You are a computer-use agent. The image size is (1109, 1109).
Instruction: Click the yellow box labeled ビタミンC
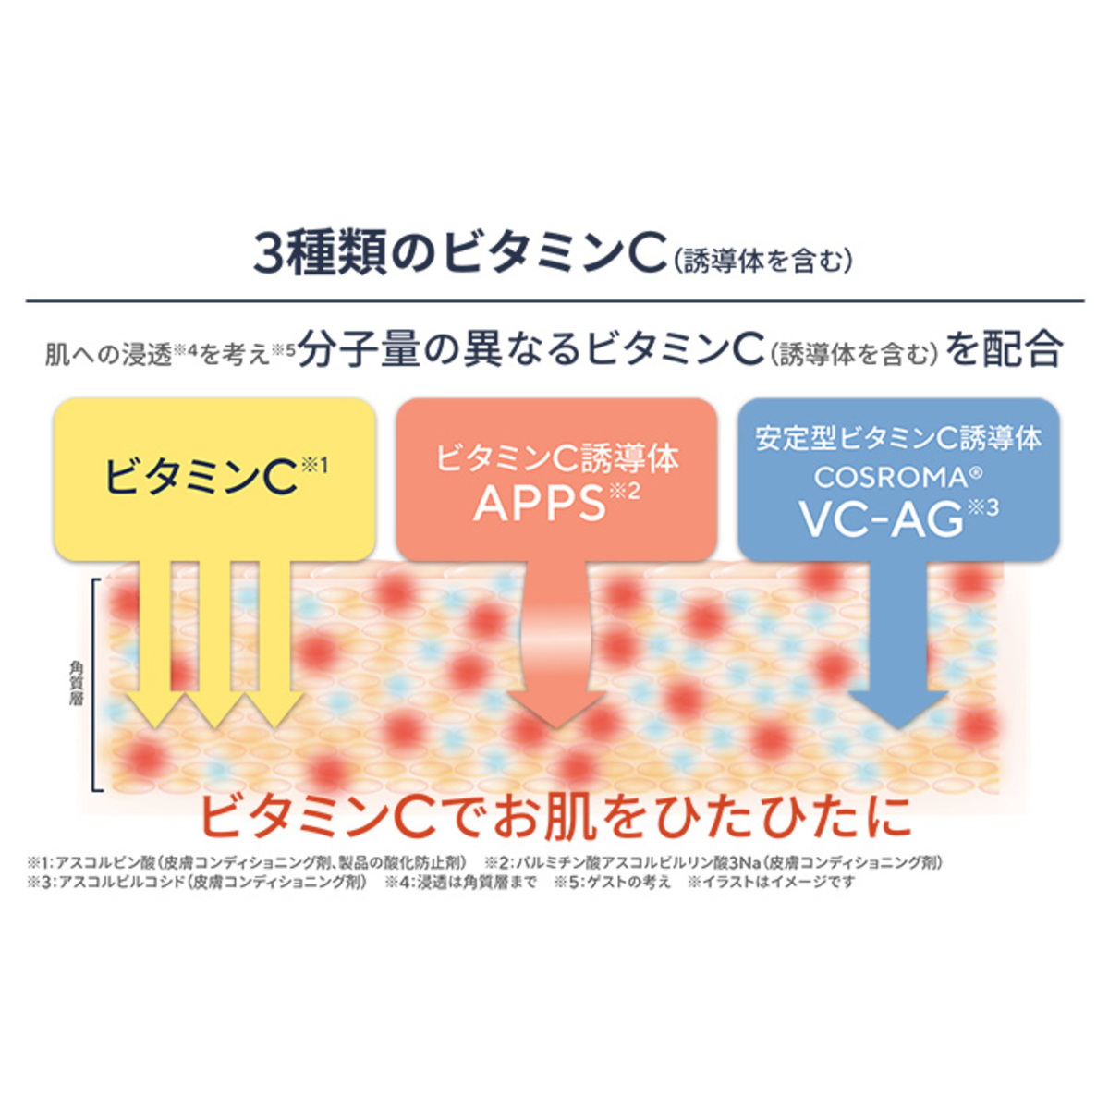(x=214, y=479)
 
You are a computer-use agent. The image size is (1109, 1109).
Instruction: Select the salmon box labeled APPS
(x=556, y=479)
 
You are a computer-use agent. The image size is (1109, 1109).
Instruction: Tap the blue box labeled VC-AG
(x=898, y=479)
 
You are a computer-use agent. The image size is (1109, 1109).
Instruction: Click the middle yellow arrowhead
(x=214, y=709)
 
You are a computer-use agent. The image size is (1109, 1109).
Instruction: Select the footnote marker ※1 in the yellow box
(x=313, y=465)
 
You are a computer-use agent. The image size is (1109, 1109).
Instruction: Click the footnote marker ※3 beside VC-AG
(x=981, y=508)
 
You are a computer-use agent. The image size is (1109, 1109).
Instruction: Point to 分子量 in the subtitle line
(x=358, y=351)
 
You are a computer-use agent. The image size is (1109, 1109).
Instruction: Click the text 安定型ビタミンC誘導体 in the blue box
(x=898, y=440)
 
